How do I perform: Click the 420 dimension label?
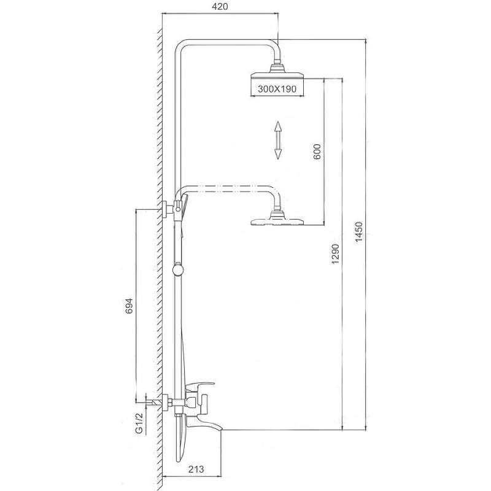point(220,6)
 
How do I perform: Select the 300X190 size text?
point(277,89)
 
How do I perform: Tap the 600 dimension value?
point(317,152)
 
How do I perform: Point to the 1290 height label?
point(335,253)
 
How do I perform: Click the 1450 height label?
point(359,231)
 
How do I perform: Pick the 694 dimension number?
point(129,306)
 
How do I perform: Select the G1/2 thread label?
point(139,423)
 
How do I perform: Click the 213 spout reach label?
point(196,469)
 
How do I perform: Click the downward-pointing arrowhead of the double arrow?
point(278,155)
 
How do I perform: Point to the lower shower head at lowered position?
point(277,218)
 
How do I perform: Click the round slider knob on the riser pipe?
point(178,269)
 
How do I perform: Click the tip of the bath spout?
point(222,430)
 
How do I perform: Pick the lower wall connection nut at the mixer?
point(166,401)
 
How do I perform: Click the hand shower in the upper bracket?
point(184,205)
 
